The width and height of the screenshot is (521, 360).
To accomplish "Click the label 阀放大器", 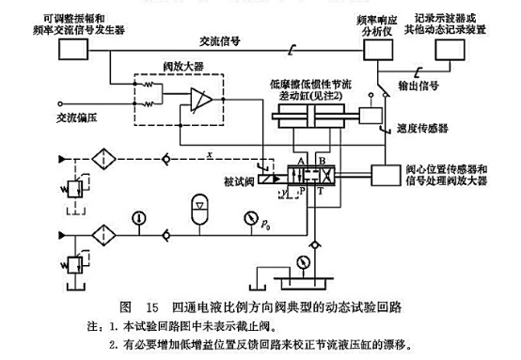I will (x=179, y=67).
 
